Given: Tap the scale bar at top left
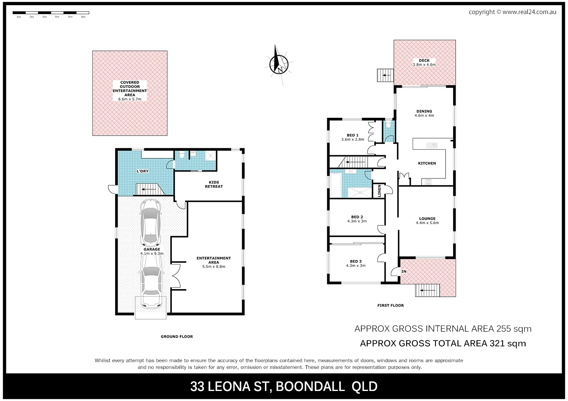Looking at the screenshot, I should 51,13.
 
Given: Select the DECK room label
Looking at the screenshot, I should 424,63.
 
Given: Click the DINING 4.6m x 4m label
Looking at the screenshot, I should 424,113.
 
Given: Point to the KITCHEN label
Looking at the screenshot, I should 427,163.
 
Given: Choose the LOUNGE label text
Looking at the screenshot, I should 427,221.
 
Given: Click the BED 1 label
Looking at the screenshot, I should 352,137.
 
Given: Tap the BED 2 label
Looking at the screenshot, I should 357,219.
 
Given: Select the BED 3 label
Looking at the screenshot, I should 356,263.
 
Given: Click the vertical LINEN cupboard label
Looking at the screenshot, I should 379,190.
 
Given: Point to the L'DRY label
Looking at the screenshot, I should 143,171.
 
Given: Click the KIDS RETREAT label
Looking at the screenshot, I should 214,184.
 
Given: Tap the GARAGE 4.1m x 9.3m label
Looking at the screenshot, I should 152,251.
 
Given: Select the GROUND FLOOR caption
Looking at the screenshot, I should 177,336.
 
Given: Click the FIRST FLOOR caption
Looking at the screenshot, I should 391,306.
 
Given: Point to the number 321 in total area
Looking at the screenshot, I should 497,343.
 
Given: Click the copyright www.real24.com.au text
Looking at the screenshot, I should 512,12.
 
